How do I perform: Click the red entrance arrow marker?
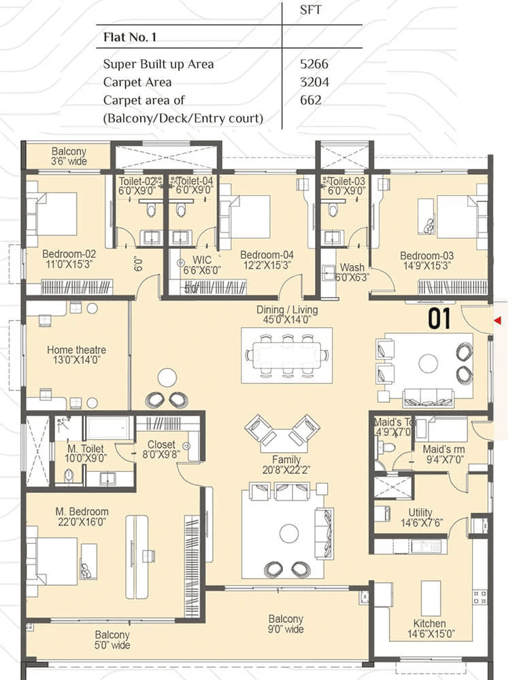pyautogui.click(x=498, y=320)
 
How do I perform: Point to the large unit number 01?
pyautogui.click(x=439, y=320)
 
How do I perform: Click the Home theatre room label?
pyautogui.click(x=76, y=350)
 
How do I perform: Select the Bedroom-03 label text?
pyautogui.click(x=427, y=256)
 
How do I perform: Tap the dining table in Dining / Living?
pyautogui.click(x=287, y=354)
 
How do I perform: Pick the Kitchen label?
pyautogui.click(x=429, y=624)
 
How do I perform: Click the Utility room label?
pyautogui.click(x=420, y=513)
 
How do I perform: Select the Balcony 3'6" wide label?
pyautogui.click(x=69, y=156)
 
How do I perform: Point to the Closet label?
pyautogui.click(x=161, y=445)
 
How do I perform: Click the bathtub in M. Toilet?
pyautogui.click(x=109, y=428)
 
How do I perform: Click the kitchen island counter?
pyautogui.click(x=431, y=598)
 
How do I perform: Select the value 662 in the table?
pyautogui.click(x=310, y=100)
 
